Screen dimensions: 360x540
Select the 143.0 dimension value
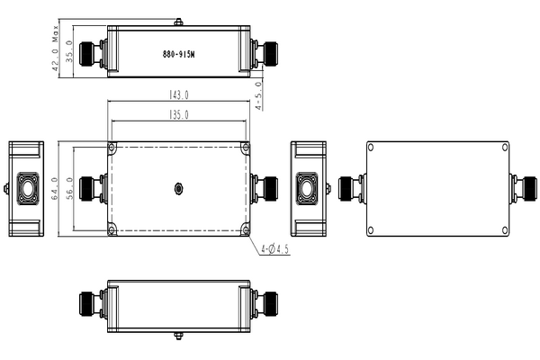178,94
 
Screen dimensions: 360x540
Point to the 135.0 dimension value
178,114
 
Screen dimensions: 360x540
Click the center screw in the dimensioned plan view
178,189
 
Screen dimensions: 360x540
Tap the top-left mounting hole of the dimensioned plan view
112,147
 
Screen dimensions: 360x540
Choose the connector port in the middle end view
310,189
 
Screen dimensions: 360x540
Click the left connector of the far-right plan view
350,189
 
